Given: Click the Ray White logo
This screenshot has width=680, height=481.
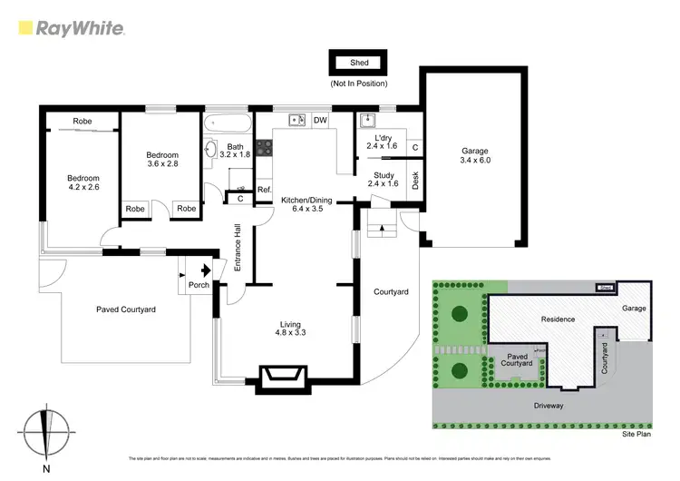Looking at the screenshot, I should point(72,28).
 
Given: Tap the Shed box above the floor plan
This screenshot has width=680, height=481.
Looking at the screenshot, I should point(358,63).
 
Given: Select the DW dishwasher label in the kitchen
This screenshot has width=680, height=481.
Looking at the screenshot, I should point(320,120).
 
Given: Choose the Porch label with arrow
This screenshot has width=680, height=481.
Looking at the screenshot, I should point(199,284).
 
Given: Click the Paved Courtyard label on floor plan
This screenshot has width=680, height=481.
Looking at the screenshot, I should point(126,309).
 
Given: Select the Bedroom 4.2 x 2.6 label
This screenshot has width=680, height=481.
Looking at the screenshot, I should point(83,183).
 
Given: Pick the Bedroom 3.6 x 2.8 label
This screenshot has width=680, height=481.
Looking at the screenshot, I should point(162,161).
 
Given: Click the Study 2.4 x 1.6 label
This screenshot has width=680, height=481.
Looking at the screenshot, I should point(382,178).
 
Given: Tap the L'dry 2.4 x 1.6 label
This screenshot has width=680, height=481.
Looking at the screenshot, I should point(382,140).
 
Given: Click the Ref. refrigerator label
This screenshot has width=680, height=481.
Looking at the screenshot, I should point(265,190).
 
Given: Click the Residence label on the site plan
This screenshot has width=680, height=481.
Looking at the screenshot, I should point(559,319).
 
